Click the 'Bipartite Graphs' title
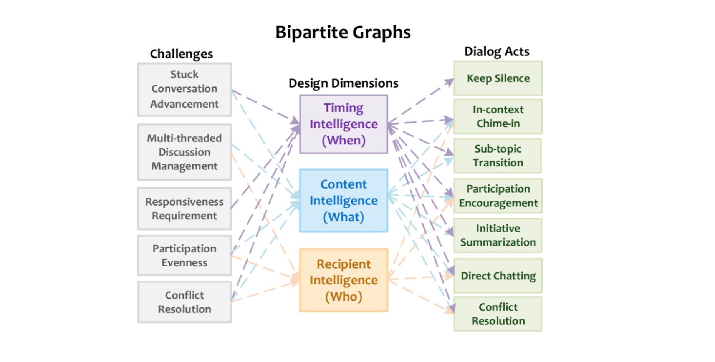(343, 32)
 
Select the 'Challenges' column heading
(181, 54)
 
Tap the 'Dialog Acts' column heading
(497, 51)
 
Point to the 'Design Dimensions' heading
(343, 83)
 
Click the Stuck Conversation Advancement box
(184, 90)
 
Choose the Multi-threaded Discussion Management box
(184, 152)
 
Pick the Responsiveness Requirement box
(184, 209)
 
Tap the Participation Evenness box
(184, 256)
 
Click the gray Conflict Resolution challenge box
(184, 302)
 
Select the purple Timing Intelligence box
(344, 124)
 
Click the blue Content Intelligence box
(344, 201)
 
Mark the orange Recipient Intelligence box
(344, 280)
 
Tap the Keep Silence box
(498, 78)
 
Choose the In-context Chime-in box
(498, 116)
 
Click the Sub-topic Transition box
(498, 156)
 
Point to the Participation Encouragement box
(498, 196)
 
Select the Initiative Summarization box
(498, 235)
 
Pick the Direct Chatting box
(498, 276)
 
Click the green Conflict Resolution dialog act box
(498, 314)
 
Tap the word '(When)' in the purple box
(344, 140)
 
